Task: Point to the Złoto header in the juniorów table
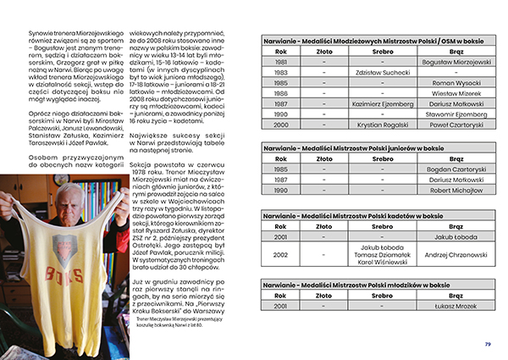[323, 158]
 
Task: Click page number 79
[488, 344]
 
